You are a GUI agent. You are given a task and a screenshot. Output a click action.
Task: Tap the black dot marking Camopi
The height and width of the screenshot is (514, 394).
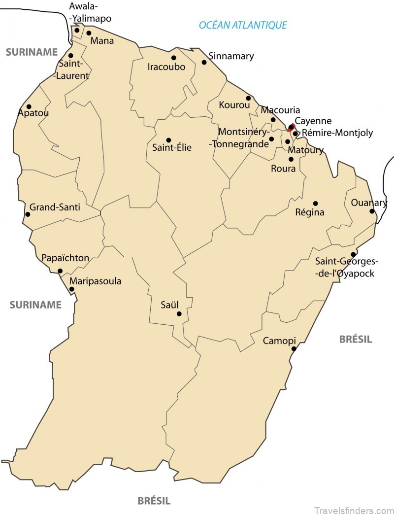pyautogui.click(x=294, y=349)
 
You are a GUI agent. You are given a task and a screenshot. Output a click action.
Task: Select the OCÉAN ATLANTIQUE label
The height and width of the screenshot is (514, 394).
pyautogui.click(x=242, y=25)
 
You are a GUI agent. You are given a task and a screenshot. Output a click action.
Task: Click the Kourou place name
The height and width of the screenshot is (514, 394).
pyautogui.click(x=232, y=105)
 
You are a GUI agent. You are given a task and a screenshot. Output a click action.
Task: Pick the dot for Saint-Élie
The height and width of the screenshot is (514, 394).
pyautogui.click(x=168, y=140)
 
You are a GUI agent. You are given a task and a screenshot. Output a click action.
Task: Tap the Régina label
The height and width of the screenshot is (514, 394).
pyautogui.click(x=309, y=212)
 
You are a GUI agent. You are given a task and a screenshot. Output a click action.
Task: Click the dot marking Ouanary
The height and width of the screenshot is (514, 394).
pyautogui.click(x=372, y=211)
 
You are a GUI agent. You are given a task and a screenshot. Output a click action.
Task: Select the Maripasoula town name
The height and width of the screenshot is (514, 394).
pyautogui.click(x=95, y=281)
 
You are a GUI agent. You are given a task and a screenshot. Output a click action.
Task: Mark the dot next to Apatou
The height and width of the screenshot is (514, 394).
pyautogui.click(x=29, y=106)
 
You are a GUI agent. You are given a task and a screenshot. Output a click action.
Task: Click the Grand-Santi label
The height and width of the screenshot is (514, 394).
pyautogui.click(x=55, y=207)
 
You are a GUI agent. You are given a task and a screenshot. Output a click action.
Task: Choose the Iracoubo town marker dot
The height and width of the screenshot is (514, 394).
pyautogui.click(x=173, y=58)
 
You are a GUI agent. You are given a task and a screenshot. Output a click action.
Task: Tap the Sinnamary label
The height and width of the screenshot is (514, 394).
pyautogui.click(x=231, y=56)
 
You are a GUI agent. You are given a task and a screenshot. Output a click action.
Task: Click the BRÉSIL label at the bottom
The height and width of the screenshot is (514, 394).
pyautogui.click(x=154, y=501)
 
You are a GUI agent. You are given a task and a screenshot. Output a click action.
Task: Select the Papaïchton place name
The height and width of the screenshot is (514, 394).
pyautogui.click(x=66, y=258)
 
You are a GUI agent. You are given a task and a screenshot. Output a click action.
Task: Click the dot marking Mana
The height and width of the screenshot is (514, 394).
pyautogui.click(x=89, y=34)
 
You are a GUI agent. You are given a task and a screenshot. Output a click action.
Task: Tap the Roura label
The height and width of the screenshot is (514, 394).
pyautogui.click(x=283, y=169)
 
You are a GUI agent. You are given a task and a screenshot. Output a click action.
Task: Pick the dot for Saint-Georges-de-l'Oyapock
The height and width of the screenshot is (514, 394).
pyautogui.click(x=353, y=254)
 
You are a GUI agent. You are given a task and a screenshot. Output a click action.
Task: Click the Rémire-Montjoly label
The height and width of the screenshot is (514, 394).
pyautogui.click(x=337, y=133)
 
